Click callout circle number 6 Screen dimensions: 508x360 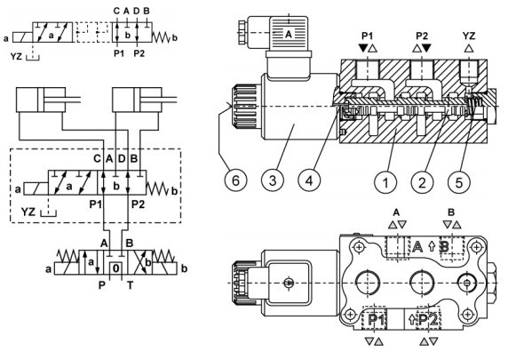(236, 180)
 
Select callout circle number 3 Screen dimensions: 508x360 (273, 180)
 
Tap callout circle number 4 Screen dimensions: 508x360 (310, 180)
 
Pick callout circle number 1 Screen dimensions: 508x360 (385, 182)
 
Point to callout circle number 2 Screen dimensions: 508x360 (422, 182)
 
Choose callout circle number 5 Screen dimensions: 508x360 (459, 182)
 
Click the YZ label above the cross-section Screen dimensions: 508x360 (468, 36)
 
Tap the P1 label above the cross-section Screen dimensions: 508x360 (368, 36)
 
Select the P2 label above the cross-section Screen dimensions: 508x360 (422, 36)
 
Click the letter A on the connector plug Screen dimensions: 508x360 (289, 34)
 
